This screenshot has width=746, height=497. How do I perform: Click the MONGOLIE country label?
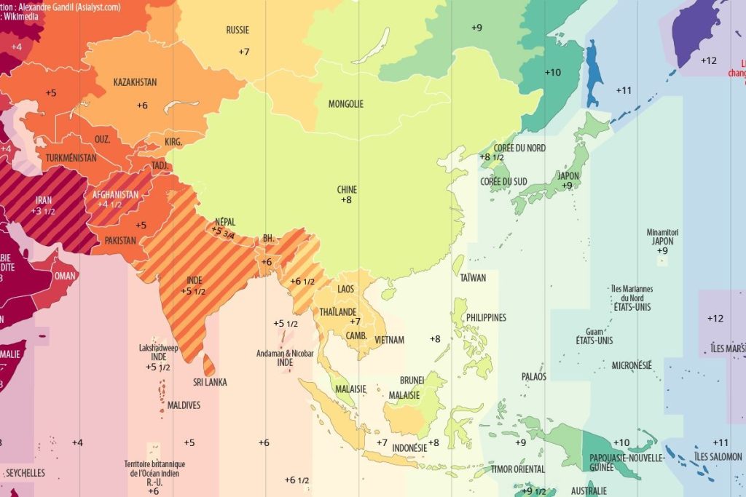tap(345, 104)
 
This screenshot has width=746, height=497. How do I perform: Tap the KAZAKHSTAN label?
tap(135, 82)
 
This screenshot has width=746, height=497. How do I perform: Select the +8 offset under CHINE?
tap(346, 199)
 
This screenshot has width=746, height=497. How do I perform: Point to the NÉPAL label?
tap(225, 222)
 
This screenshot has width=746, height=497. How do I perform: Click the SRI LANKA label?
tap(210, 382)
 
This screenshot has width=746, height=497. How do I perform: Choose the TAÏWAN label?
tap(473, 277)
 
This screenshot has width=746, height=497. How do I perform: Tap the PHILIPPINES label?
tap(486, 318)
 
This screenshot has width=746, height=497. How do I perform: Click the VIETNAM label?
tap(389, 340)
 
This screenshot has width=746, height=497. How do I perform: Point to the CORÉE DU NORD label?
tap(519, 148)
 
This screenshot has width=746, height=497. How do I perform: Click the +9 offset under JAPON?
tap(567, 186)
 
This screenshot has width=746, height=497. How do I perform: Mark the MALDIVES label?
tap(184, 405)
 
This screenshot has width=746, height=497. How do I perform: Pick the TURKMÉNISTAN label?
tap(71, 158)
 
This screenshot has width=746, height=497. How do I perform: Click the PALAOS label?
tap(533, 377)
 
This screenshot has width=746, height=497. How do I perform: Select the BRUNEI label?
tap(412, 381)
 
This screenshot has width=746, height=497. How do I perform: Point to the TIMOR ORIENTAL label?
tap(518, 469)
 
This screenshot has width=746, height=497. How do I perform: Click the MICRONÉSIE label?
tap(632, 365)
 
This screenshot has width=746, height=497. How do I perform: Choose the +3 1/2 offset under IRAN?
tap(44, 211)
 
